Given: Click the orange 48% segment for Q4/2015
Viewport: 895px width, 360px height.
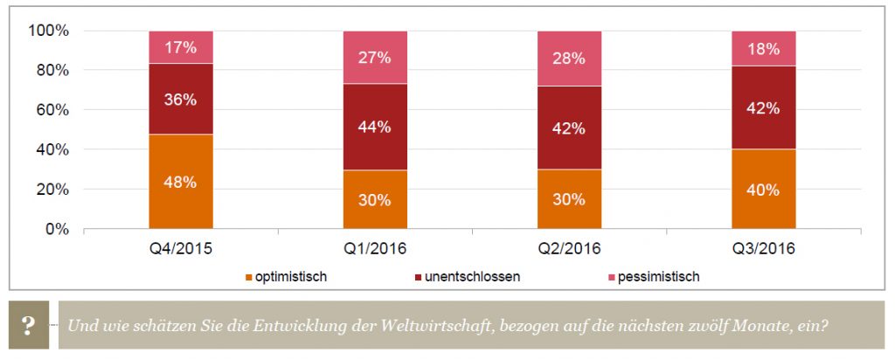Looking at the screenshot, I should pyautogui.click(x=181, y=182).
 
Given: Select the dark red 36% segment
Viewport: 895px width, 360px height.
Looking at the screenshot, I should pyautogui.click(x=181, y=99).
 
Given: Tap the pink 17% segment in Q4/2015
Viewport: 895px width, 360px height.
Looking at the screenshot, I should pyautogui.click(x=181, y=47).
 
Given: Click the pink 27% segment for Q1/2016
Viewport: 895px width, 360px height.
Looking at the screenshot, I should pyautogui.click(x=376, y=57).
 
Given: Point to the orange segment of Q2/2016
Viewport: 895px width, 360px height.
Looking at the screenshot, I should pyautogui.click(x=570, y=199).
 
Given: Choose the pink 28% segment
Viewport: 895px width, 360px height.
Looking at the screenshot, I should pyautogui.click(x=570, y=59).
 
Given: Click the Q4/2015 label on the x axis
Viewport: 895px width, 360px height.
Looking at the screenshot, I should pyautogui.click(x=181, y=248).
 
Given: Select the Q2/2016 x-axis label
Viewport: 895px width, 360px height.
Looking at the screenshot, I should pyautogui.click(x=570, y=248).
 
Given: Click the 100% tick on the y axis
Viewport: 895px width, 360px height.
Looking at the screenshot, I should pyautogui.click(x=50, y=31).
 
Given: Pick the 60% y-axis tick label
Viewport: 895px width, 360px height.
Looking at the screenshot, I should pyautogui.click(x=52, y=110).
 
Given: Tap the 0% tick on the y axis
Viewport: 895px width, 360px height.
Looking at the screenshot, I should pyautogui.click(x=58, y=229).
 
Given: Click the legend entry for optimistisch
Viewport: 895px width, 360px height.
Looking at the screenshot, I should pyautogui.click(x=286, y=277).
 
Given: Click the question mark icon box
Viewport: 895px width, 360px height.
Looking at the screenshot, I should pyautogui.click(x=28, y=325).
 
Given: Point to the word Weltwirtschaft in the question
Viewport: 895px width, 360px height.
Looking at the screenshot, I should pyautogui.click(x=435, y=325).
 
